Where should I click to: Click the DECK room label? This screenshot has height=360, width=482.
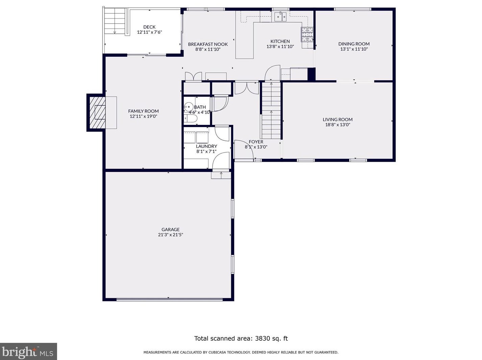149,27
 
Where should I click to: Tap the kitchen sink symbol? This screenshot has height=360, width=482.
281,17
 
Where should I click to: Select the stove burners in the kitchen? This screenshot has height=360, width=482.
307,34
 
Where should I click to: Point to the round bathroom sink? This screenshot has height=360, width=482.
188,107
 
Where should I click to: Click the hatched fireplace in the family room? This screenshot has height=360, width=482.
97,112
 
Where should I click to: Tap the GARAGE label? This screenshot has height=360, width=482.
171,229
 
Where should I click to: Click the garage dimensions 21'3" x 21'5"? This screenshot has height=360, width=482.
171,235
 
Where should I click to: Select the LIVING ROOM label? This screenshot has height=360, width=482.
338,120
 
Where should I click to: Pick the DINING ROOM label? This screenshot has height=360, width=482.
354,44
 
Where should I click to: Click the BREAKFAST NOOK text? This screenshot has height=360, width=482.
208,44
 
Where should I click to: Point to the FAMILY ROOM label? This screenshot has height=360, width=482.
143,111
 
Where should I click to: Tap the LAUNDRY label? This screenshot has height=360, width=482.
207,146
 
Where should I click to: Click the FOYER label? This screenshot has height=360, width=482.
256,142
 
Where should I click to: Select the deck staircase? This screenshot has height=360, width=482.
115,21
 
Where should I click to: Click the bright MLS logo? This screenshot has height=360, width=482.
28,351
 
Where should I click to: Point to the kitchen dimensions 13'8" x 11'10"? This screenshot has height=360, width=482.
280,47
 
